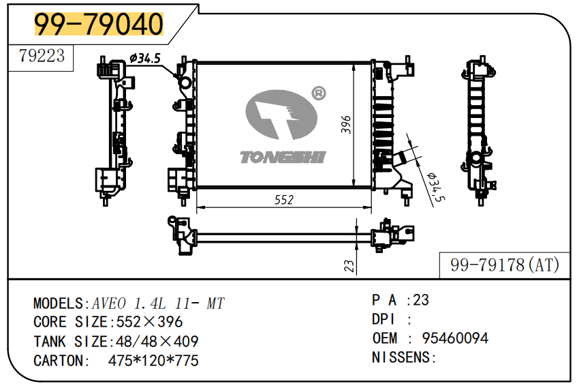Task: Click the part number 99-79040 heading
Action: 99,25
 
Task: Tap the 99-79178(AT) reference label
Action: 504,265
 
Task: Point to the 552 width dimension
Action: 283,200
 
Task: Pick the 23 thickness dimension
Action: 349,265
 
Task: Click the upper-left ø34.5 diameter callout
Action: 144,59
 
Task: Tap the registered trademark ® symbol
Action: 318,92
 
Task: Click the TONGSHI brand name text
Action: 283,158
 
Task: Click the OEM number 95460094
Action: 454,338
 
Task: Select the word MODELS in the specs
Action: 58,303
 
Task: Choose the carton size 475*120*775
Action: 153,360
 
